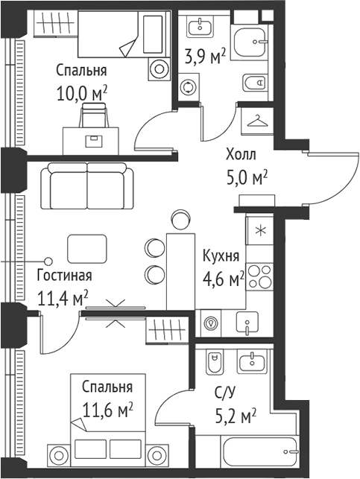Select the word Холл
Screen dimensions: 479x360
241,156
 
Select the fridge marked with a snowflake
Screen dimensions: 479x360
261,229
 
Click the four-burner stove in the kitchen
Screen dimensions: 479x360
261,276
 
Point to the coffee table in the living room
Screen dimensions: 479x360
87,247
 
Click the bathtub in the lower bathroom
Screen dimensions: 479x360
253,454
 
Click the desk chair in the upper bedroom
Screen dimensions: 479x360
93,115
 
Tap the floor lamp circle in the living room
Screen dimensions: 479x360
48,261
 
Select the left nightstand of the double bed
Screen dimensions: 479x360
59,452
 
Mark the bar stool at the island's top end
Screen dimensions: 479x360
180,218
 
